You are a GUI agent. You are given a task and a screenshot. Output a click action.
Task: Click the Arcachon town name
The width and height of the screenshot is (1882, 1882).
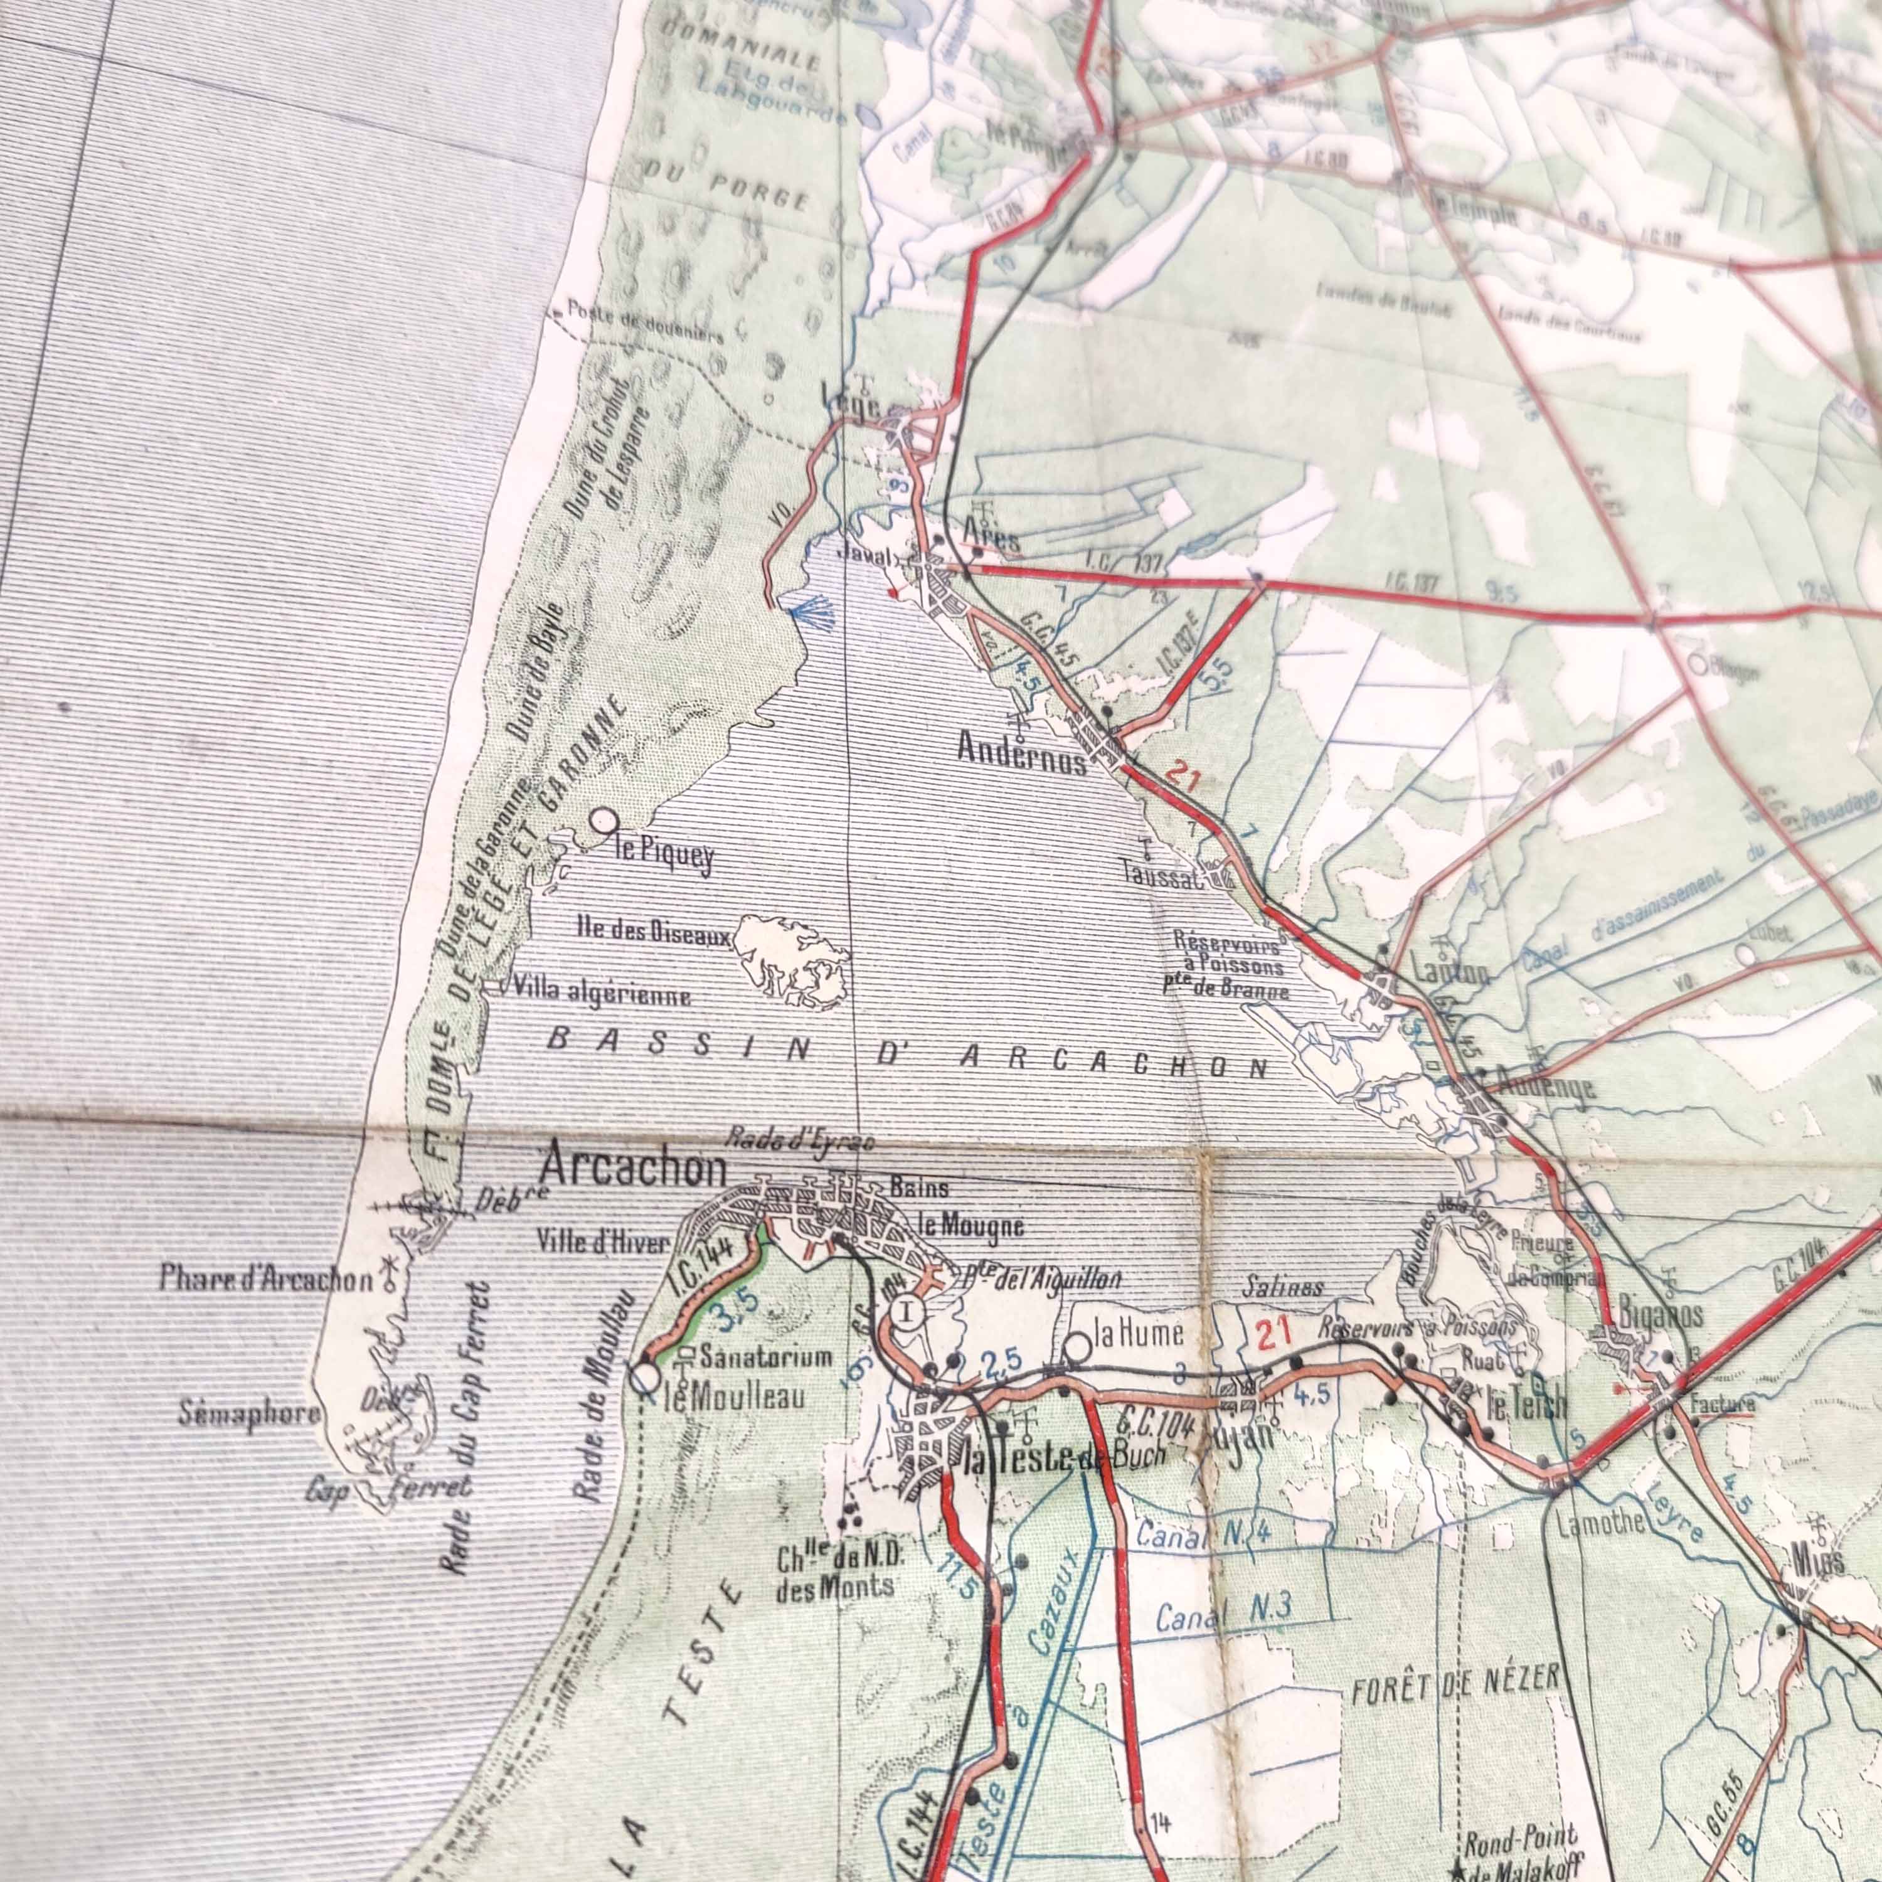[634, 1169]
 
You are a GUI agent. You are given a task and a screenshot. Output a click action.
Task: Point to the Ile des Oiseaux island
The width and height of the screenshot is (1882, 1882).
[789, 960]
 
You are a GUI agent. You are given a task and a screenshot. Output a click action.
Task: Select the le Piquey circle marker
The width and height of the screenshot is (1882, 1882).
[607, 821]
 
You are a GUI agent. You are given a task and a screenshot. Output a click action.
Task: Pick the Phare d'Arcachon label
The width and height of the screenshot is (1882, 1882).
[266, 1280]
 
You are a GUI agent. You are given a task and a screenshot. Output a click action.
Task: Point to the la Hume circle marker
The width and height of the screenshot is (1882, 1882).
[1077, 1348]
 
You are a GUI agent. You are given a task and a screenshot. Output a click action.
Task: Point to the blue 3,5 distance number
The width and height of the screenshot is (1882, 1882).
[731, 1322]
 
